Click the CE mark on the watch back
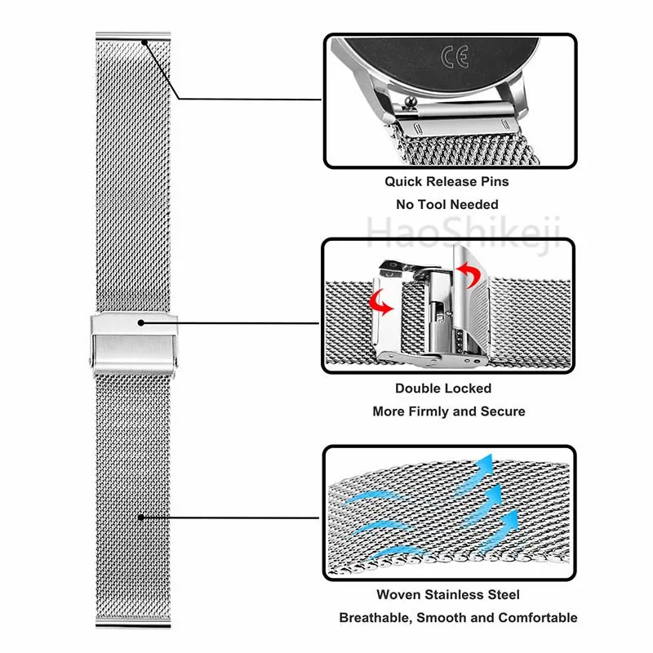(x=455, y=57)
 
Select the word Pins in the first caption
(x=493, y=181)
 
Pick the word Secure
(x=501, y=411)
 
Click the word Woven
(x=398, y=595)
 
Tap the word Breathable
(x=374, y=618)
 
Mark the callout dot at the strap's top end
(x=144, y=43)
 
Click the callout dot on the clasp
(x=140, y=322)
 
